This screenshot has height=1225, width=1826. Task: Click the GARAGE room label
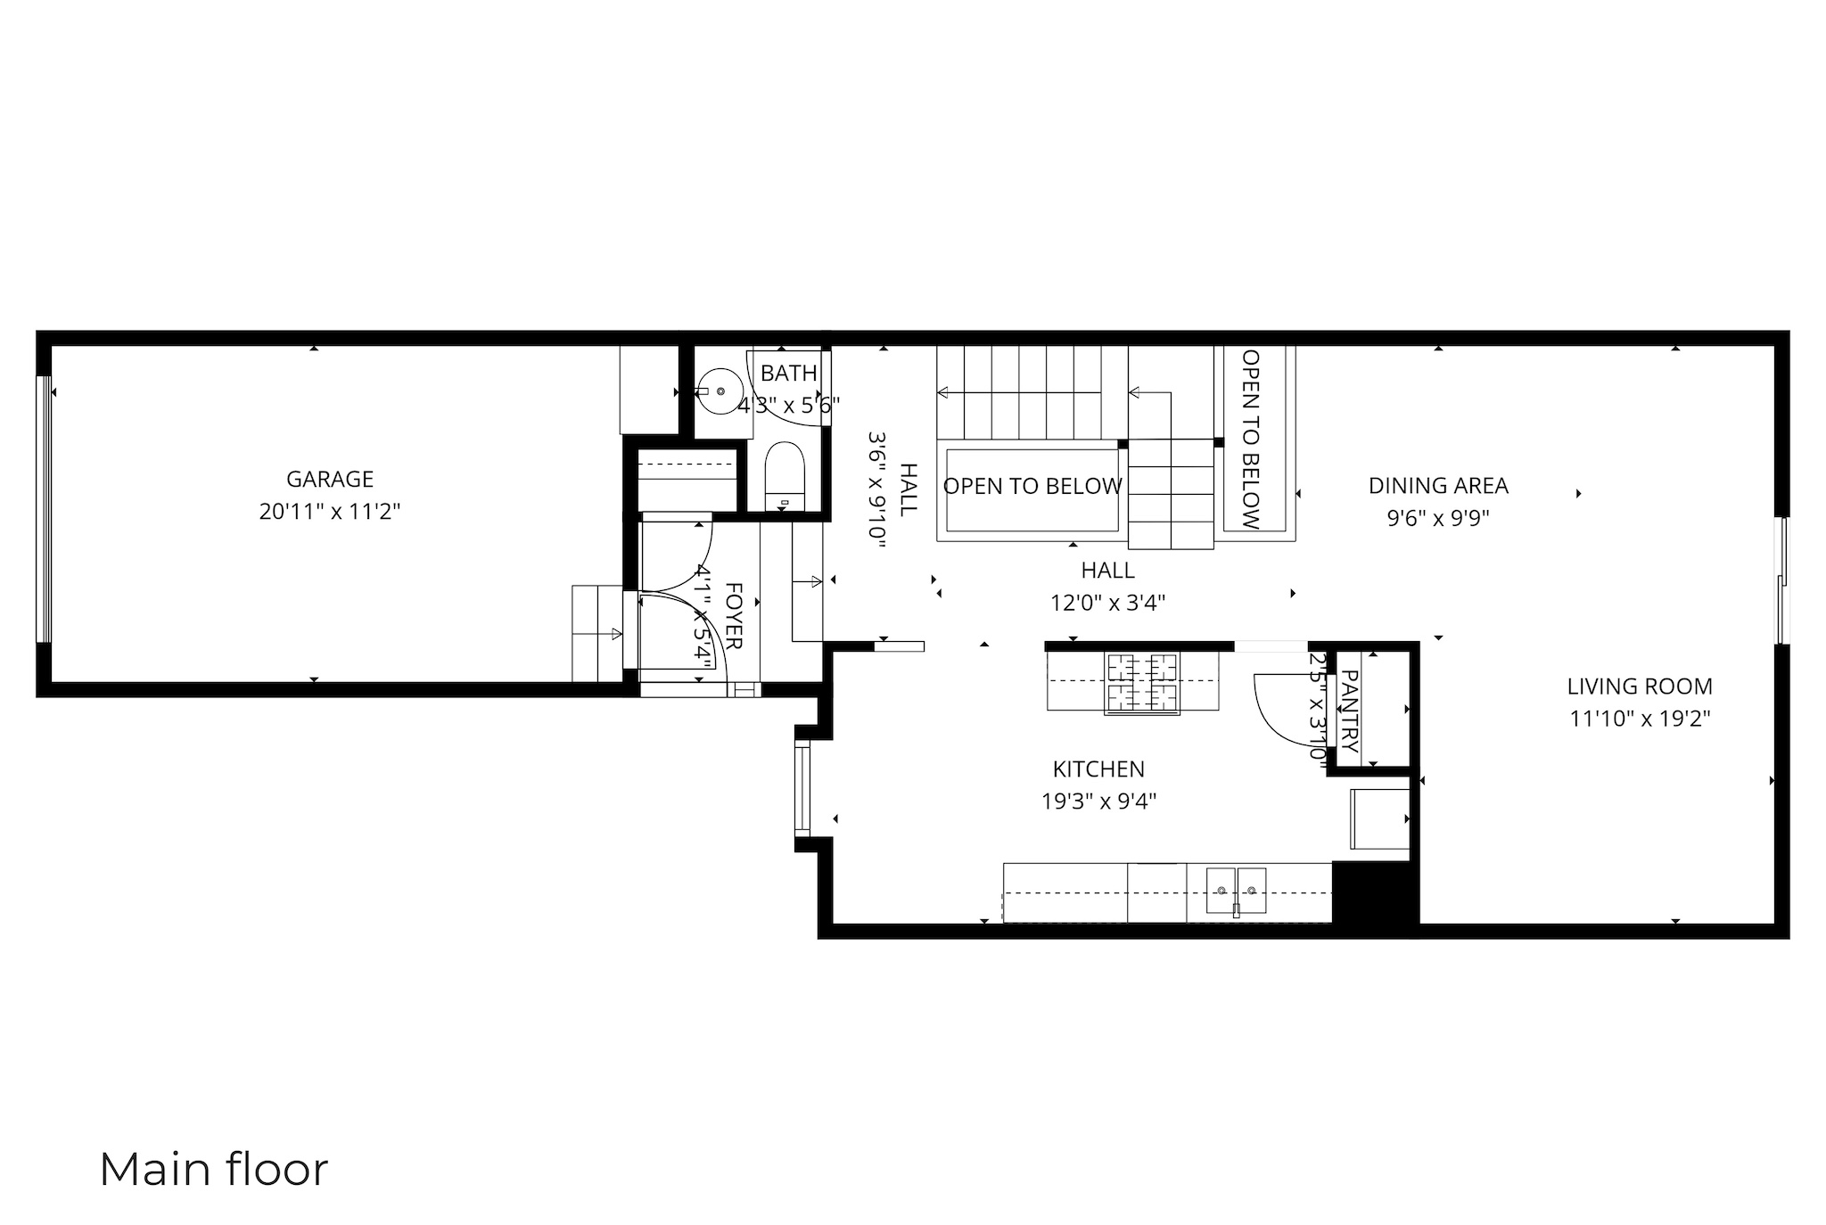click(329, 480)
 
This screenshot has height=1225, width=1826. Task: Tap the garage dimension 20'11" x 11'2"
click(329, 513)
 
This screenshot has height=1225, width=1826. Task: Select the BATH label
click(788, 374)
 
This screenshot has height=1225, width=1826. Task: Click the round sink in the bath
click(720, 391)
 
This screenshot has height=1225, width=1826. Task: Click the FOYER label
click(734, 616)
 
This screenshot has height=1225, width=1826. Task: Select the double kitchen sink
click(1237, 891)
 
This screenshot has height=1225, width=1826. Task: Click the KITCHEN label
click(1098, 769)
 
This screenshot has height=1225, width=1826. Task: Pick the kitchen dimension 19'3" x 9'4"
click(1098, 802)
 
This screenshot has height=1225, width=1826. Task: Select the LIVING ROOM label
click(1639, 687)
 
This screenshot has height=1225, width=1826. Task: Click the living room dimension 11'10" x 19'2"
click(1639, 719)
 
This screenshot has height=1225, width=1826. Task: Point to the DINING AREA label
click(1437, 486)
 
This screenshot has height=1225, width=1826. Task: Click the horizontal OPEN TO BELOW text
click(1032, 487)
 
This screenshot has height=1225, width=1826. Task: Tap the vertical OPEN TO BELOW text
click(1251, 439)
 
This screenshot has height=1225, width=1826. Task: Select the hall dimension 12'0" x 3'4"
click(1107, 604)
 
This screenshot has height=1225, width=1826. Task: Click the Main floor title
click(213, 1170)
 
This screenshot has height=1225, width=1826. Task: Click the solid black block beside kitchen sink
click(1374, 894)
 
